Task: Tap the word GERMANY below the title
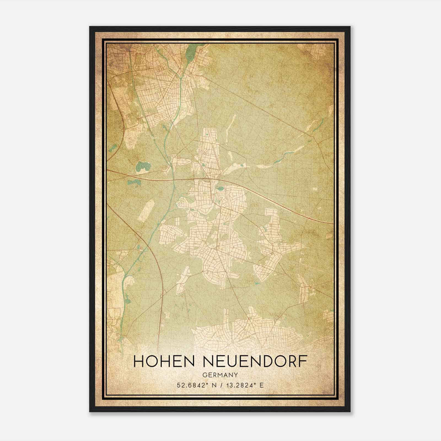[220, 375]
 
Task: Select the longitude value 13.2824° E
[244, 385]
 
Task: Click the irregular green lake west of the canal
[142, 166]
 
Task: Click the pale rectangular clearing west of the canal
[146, 211]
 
